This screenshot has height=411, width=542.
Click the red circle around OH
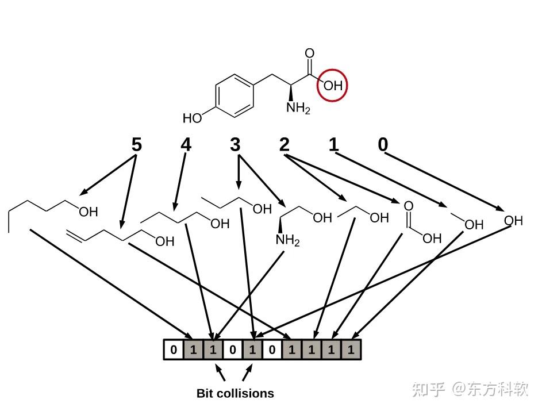click(x=333, y=84)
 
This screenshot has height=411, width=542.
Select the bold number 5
click(x=136, y=144)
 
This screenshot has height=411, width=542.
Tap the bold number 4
click(x=186, y=144)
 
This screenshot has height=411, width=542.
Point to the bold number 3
click(x=235, y=144)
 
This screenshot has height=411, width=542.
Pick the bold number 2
click(x=285, y=144)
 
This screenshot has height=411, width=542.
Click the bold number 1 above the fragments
click(x=334, y=144)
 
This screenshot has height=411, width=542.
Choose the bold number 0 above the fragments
click(x=383, y=144)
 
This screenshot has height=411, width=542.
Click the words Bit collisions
click(x=235, y=394)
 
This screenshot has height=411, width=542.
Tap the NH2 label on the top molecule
click(x=298, y=109)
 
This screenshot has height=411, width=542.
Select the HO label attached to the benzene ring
click(x=193, y=118)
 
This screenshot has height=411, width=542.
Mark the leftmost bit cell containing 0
click(x=174, y=349)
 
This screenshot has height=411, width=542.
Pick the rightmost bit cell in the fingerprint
click(x=351, y=349)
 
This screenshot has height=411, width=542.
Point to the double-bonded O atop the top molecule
click(x=310, y=54)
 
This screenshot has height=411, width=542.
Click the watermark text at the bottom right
click(x=470, y=389)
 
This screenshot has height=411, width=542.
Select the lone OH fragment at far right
click(x=513, y=220)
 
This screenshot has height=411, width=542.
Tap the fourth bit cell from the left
click(x=233, y=349)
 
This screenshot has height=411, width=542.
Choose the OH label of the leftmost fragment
click(x=88, y=212)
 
